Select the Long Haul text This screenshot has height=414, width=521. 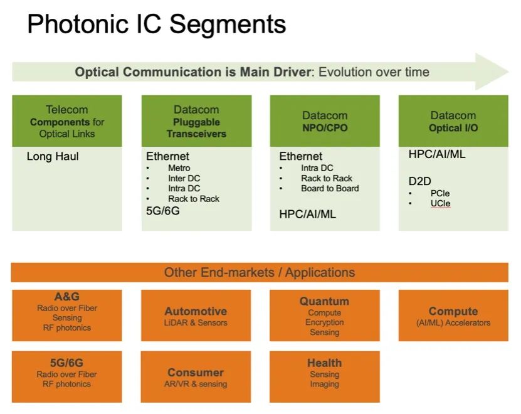[53, 156]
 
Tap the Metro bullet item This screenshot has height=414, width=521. [179, 168]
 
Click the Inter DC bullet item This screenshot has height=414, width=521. [184, 178]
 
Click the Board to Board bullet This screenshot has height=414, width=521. [330, 188]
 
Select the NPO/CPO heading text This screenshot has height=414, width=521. [325, 127]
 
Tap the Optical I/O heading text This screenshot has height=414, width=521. [453, 127]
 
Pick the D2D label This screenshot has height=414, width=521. [419, 181]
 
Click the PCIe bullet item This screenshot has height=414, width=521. [439, 193]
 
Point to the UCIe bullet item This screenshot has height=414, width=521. [440, 203]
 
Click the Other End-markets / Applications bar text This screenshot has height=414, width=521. [260, 272]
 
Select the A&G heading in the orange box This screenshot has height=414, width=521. [67, 297]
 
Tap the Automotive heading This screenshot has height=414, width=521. [196, 311]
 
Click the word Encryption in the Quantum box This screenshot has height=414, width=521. [325, 322]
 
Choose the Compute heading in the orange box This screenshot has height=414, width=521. [453, 311]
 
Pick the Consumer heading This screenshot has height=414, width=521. [196, 373]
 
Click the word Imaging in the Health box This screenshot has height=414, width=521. [324, 384]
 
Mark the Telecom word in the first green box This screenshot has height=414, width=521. [67, 110]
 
